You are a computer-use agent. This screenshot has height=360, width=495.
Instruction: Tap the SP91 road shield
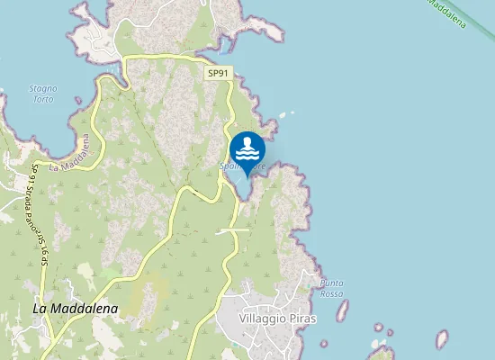click(218, 74)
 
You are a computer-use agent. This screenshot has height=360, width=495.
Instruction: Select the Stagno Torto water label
click(42, 94)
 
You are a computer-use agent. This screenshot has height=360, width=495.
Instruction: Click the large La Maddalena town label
click(76, 308)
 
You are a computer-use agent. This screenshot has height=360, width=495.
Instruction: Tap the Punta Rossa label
click(331, 288)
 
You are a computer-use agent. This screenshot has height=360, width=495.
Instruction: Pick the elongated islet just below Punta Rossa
click(342, 311)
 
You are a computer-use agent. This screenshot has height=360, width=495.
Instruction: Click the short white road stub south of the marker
click(233, 230)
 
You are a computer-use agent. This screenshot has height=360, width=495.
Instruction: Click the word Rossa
click(331, 293)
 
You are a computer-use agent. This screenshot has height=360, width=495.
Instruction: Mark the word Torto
click(42, 99)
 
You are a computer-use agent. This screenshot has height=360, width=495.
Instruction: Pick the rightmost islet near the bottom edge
click(441, 339)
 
